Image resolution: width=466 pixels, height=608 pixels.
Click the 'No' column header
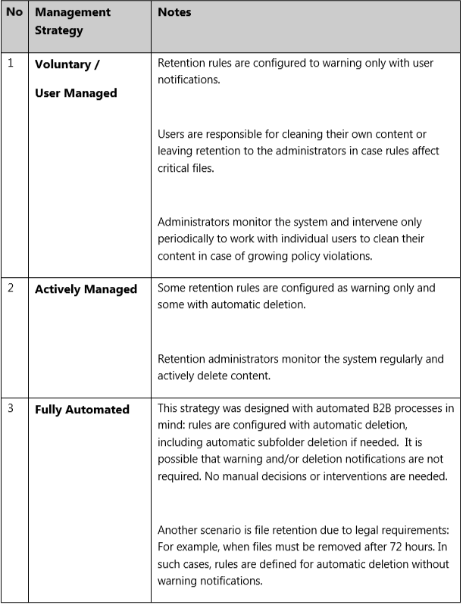(14, 13)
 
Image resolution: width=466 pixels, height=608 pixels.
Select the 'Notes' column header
(174, 13)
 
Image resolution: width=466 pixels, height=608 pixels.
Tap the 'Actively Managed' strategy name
(86, 288)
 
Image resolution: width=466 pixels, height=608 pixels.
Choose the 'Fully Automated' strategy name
(82, 410)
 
